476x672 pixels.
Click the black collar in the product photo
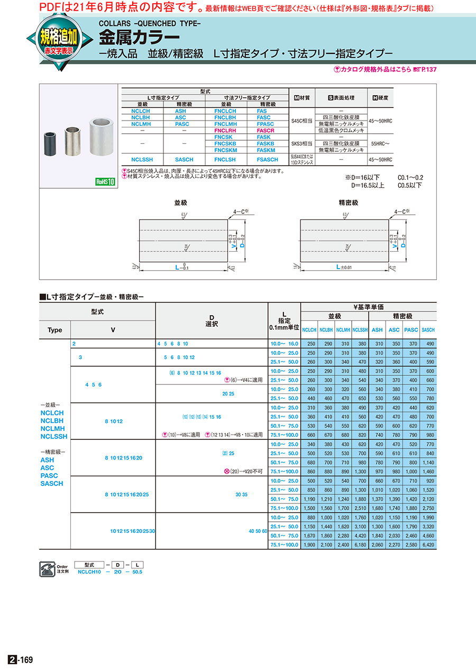[51, 142]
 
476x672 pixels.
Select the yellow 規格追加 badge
[58, 39]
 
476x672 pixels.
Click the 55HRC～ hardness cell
[381, 143]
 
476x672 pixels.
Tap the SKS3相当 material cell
[301, 143]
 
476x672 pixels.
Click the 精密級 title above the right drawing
[348, 202]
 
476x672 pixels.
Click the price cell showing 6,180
[360, 545]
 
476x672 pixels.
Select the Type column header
[55, 330]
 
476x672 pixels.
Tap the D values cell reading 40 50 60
[257, 531]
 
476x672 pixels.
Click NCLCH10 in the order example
[88, 572]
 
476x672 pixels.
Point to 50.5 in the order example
[137, 572]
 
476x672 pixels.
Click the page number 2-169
[21, 660]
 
